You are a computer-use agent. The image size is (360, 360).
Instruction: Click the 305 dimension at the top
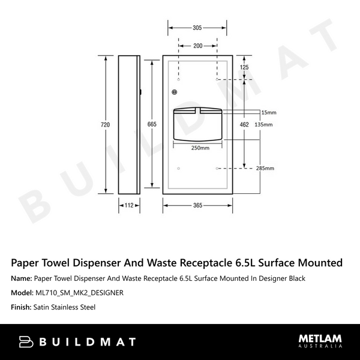pos(197,28)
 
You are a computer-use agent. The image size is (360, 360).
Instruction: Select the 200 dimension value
pos(197,46)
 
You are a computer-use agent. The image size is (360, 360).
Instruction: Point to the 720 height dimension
pos(106,125)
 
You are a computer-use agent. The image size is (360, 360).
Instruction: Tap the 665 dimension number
pos(152,125)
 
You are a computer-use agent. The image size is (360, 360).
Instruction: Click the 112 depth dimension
pos(128,205)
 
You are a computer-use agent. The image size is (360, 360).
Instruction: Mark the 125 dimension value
pos(244,68)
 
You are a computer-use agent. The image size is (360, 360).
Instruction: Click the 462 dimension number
pos(244,125)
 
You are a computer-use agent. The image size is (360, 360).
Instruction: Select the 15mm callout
pos(269,112)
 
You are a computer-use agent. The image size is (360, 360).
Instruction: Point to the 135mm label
pos(263,125)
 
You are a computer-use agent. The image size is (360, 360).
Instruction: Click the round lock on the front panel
pos(175,92)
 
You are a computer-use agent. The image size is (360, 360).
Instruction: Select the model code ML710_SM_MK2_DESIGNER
pos(79,293)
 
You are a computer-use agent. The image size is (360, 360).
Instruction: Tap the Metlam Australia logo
pos(320,341)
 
